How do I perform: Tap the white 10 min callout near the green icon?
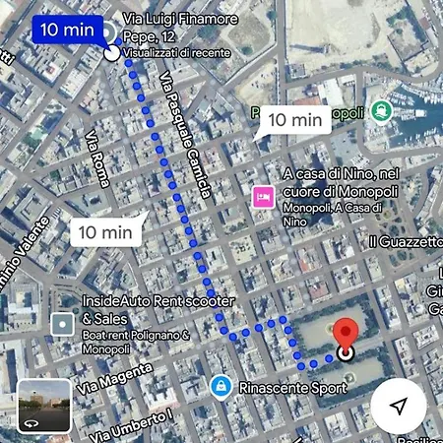coord(295,120)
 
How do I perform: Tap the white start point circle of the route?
coord(111,53)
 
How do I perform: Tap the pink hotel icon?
coord(262,196)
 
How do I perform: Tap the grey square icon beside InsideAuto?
coord(62,323)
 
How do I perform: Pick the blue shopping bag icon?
coord(221,385)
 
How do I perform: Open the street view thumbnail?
coord(44,406)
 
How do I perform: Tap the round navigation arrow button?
coord(398,406)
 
